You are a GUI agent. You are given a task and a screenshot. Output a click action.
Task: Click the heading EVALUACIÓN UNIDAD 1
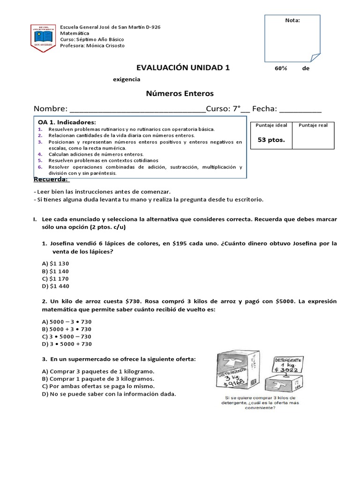pyautogui.click(x=183, y=67)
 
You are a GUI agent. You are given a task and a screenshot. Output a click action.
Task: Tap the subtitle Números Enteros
pyautogui.click(x=180, y=94)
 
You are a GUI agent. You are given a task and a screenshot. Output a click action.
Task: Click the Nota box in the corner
pyautogui.click(x=293, y=38)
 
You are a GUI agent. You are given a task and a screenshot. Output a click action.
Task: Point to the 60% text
pyautogui.click(x=281, y=68)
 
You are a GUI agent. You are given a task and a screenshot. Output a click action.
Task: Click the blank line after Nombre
pyautogui.click(x=137, y=110)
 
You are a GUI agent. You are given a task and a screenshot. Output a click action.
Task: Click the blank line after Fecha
pyautogui.click(x=300, y=110)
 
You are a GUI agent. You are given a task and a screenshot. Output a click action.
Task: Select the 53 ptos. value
pyautogui.click(x=271, y=140)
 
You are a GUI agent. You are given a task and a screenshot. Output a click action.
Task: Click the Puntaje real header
pyautogui.click(x=313, y=125)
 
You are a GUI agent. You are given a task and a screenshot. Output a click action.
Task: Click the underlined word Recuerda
pyautogui.click(x=51, y=180)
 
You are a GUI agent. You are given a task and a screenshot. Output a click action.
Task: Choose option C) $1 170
pyautogui.click(x=55, y=278)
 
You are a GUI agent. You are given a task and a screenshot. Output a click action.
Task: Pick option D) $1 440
pyautogui.click(x=55, y=286)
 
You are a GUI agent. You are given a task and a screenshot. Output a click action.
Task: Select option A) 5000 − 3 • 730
pyautogui.click(x=67, y=322)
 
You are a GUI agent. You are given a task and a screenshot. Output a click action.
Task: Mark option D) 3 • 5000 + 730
pyautogui.click(x=67, y=344)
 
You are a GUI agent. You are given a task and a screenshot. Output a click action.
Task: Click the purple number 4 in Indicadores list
pyautogui.click(x=40, y=154)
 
